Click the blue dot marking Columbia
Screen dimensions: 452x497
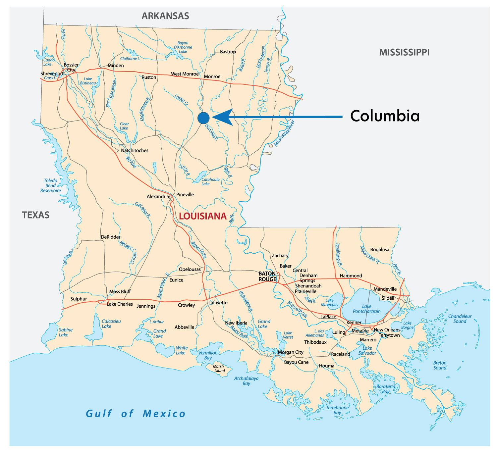(x=203, y=118)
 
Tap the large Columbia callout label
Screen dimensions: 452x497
(x=385, y=116)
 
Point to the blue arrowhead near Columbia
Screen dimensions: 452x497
(x=222, y=117)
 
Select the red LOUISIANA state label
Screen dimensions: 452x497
(x=202, y=216)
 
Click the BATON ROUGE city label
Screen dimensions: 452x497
(x=267, y=276)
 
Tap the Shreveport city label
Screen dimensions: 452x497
(x=52, y=74)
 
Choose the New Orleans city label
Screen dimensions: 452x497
(x=387, y=330)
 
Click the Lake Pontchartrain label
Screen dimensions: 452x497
(x=366, y=309)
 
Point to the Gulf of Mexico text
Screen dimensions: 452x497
(x=136, y=414)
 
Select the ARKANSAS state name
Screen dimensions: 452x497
(x=165, y=16)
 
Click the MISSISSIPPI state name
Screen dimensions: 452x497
(x=404, y=52)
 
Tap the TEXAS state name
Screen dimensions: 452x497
(x=36, y=215)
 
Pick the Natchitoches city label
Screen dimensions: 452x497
(x=135, y=150)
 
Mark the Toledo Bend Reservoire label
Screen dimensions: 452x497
(x=51, y=185)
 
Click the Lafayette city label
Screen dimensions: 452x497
(x=218, y=303)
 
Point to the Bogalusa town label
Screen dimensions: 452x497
(x=380, y=249)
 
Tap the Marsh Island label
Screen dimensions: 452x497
(x=218, y=368)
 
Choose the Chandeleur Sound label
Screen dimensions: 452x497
(x=460, y=319)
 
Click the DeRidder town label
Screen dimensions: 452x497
(x=110, y=237)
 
